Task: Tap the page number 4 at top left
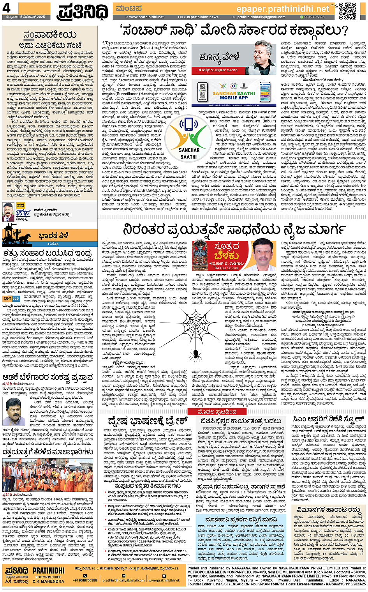(x=6, y=8)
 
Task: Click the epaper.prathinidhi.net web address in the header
(x=283, y=9)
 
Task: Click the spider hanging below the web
(x=195, y=354)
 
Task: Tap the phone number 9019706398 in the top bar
(x=314, y=17)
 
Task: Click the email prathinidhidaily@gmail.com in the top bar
(x=261, y=17)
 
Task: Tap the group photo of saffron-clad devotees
(x=48, y=475)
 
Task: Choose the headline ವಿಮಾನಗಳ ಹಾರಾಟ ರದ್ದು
(x=328, y=510)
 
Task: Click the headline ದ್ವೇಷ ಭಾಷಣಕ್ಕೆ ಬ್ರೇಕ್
(x=148, y=421)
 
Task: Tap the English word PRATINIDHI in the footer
(x=48, y=571)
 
